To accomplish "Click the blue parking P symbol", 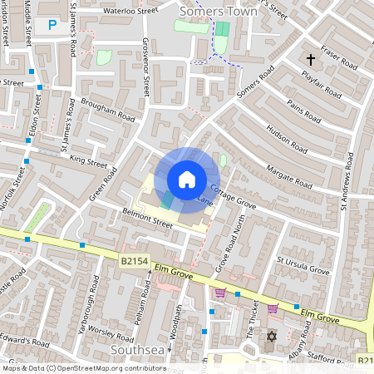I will coord(52,26).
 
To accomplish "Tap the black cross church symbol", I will coord(312,60).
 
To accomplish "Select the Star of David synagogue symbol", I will coord(270,337).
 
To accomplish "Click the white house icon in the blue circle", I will coord(187,179).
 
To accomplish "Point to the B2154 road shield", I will coord(133,262).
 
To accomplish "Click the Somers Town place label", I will coord(216,11).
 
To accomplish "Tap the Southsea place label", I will coord(138,352).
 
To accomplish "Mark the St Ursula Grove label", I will coord(303,264).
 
